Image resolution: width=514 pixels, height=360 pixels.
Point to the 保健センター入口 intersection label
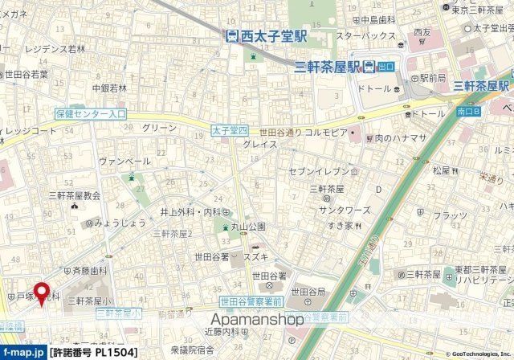click(x=92, y=115)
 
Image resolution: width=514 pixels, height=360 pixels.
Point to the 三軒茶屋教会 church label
click(x=75, y=195)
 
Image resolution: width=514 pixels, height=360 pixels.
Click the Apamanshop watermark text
click(x=257, y=320)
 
